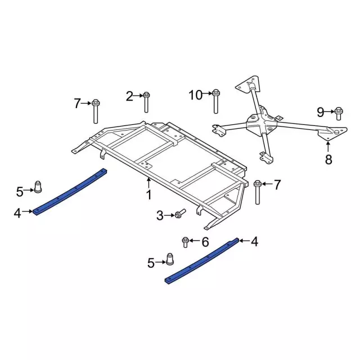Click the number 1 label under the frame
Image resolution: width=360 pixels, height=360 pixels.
[149, 195]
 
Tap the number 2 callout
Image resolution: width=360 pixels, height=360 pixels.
[129, 96]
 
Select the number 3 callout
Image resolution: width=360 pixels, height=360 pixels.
[160, 215]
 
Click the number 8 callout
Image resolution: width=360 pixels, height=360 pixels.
[328, 159]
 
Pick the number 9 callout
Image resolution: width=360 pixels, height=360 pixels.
[320, 111]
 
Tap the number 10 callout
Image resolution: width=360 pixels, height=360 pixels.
[195, 95]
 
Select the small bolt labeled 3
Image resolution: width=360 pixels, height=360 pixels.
[179, 214]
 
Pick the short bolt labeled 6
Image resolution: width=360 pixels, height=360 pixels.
[185, 242]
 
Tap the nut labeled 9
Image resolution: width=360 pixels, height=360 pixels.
[339, 113]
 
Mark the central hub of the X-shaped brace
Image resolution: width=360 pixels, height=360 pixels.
[260, 125]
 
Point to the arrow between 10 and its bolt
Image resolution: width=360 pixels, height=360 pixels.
[206, 94]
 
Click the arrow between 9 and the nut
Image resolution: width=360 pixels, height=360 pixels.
[330, 111]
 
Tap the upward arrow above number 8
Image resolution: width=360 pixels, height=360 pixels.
[328, 147]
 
